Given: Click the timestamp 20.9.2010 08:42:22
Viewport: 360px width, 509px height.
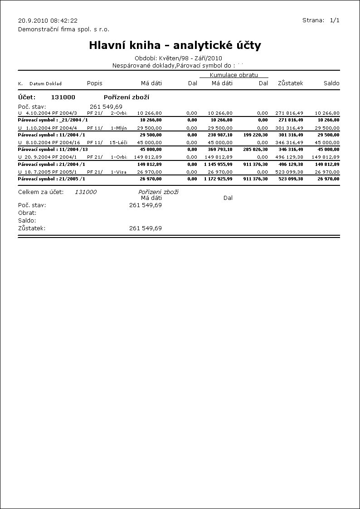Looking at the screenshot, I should point(48,20).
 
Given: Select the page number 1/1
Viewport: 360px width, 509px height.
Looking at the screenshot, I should point(335,20).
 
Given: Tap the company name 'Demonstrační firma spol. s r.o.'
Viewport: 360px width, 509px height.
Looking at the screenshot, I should point(63,29).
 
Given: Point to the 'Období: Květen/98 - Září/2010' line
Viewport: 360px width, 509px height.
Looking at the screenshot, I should point(178,58).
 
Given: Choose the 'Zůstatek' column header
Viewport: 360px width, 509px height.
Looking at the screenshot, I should point(290,83).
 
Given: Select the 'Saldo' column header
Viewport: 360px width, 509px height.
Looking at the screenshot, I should point(331,83).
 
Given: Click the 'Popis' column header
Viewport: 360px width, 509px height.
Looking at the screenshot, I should point(94,83).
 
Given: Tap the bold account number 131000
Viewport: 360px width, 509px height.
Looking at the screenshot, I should point(63,97).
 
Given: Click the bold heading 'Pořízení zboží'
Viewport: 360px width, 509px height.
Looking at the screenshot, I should point(126,97).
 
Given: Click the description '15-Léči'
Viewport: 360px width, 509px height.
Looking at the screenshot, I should point(118,142).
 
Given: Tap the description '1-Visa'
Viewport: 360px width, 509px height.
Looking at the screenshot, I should point(118,172).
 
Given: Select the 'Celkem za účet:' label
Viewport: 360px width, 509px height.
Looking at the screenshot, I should point(41,192).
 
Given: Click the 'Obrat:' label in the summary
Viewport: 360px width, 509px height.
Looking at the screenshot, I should point(27,213).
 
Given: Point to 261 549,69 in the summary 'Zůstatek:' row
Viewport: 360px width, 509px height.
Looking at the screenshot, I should point(145,228).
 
